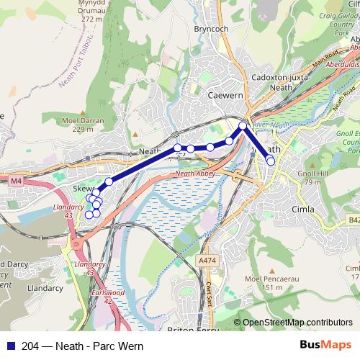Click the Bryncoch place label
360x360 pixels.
[x=210, y=30]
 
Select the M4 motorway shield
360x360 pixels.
[x=16, y=180]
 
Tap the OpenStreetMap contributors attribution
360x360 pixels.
[x=297, y=323]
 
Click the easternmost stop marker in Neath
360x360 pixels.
[x=271, y=161]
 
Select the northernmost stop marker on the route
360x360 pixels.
[x=243, y=126]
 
